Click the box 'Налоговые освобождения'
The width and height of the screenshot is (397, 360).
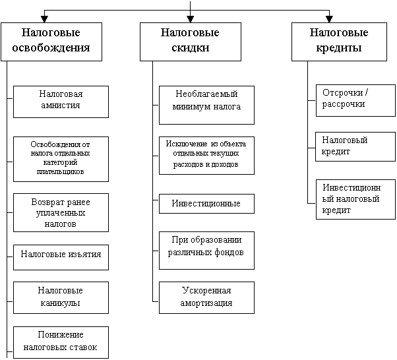tap(51, 42)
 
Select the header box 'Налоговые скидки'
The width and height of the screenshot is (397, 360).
tap(191, 42)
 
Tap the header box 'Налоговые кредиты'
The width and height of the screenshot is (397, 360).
tap(339, 42)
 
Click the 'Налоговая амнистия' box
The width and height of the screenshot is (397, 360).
tap(61, 102)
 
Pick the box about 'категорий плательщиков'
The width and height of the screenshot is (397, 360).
tap(61, 160)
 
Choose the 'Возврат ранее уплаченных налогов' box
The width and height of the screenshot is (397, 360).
tap(61, 213)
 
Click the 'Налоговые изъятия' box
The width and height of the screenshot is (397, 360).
tap(61, 257)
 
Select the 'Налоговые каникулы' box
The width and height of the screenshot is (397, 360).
tap(61, 298)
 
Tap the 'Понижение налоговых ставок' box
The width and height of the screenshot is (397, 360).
tap(61, 343)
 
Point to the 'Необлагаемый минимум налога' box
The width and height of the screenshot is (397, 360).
tap(206, 105)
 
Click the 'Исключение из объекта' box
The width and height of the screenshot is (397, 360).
tap(206, 156)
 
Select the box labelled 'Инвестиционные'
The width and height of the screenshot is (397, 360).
tap(206, 204)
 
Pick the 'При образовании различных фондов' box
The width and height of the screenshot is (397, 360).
tap(206, 251)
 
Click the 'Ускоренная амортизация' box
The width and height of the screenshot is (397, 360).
tap(206, 298)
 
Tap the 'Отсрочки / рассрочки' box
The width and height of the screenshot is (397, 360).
tap(355, 100)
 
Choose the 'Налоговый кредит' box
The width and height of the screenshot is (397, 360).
tap(355, 146)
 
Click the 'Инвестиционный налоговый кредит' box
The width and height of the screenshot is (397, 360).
tap(355, 200)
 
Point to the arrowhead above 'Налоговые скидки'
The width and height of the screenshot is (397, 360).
tap(191, 19)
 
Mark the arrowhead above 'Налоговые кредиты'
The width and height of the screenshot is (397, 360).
tap(329, 19)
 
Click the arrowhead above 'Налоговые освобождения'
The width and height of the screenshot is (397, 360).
tap(44, 19)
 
